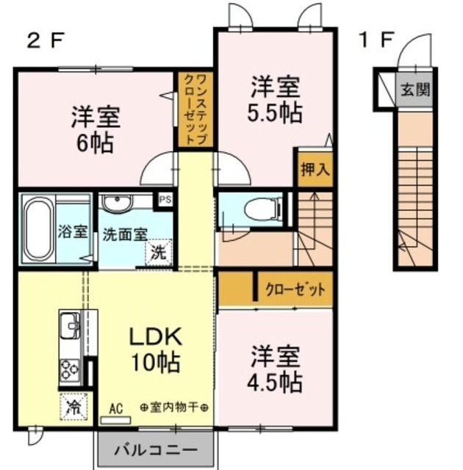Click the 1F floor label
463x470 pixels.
click(376, 40)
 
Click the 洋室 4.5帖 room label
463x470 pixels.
click(275, 369)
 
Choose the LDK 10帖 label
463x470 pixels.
click(156, 350)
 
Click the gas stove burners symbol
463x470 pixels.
click(71, 369)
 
